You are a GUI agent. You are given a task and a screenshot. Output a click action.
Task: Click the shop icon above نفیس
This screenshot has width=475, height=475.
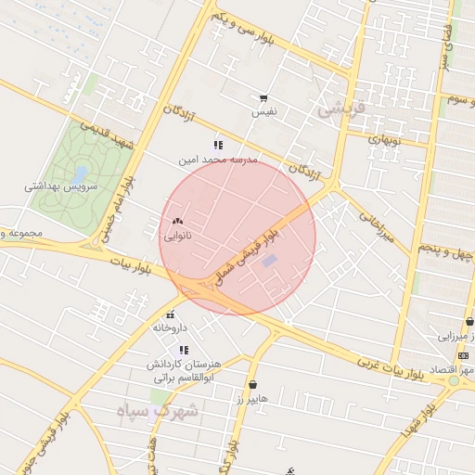[x=264, y=98]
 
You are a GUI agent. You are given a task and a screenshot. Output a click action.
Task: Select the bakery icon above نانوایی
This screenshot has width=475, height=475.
[x=177, y=222]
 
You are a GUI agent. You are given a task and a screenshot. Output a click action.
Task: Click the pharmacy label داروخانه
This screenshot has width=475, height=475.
[x=170, y=327]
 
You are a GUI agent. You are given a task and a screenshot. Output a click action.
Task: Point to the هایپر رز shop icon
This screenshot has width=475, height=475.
[x=252, y=384]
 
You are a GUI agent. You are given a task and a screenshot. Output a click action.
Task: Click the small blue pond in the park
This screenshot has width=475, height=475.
[x=81, y=173]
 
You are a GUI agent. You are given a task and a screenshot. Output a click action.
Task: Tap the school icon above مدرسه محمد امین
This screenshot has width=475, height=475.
[x=218, y=145]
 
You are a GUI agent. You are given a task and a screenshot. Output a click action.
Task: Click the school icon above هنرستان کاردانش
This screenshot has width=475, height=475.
[x=184, y=350]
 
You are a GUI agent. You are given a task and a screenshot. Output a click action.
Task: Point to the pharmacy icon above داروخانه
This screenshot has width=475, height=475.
[x=171, y=315]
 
